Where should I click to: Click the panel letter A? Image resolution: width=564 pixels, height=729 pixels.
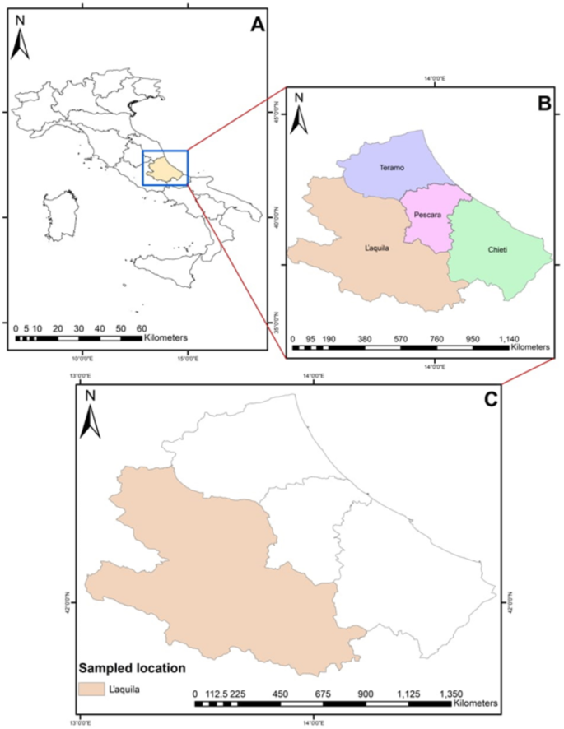(258, 26)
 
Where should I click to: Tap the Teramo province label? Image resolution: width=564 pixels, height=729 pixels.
(391, 168)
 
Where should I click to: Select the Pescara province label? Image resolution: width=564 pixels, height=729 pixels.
(430, 215)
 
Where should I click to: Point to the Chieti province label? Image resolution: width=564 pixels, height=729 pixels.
(497, 249)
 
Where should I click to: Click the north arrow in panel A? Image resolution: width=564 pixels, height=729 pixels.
(21, 41)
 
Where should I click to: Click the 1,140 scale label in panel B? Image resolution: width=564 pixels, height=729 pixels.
(511, 337)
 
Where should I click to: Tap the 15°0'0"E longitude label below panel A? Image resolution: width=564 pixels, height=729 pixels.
(187, 356)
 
